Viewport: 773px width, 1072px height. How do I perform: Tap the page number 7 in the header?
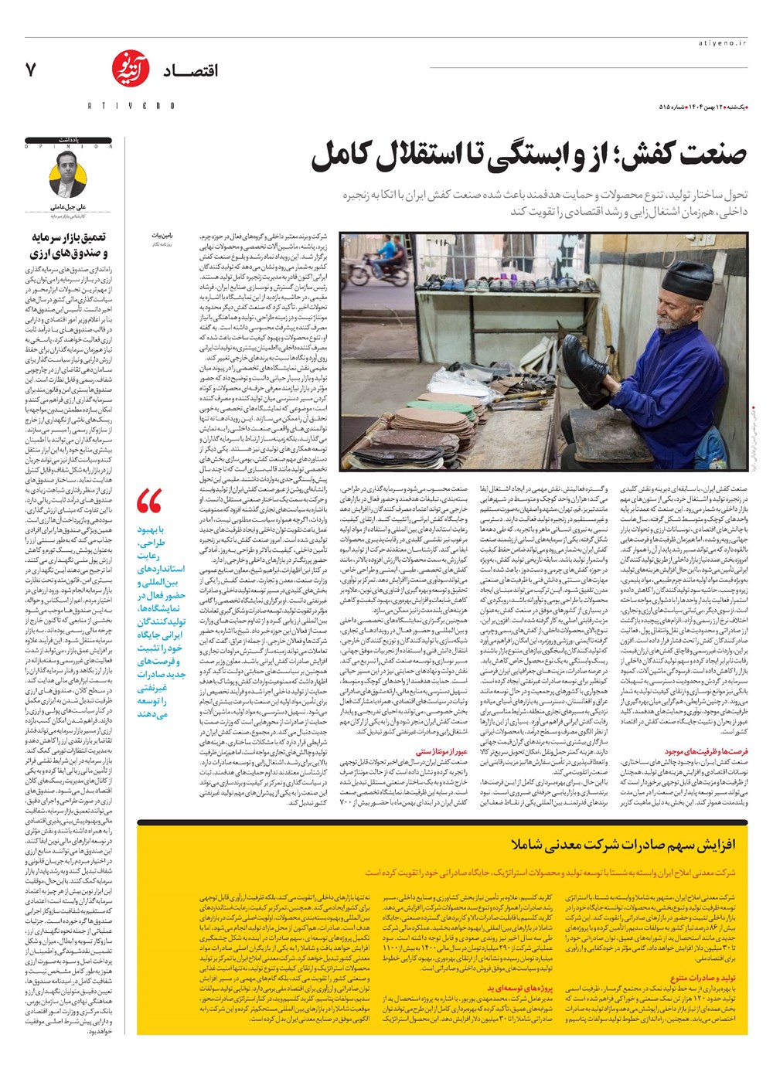(31, 70)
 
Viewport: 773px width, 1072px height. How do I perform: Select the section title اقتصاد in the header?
(190, 71)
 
